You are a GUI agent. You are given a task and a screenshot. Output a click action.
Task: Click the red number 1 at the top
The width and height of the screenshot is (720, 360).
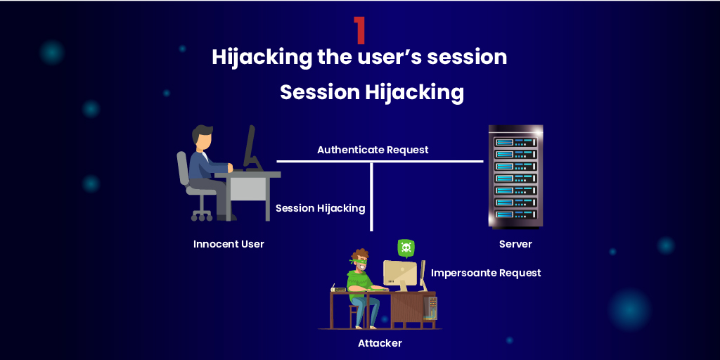coord(359,30)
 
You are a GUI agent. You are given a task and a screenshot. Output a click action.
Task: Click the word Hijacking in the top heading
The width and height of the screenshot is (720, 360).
coord(261,57)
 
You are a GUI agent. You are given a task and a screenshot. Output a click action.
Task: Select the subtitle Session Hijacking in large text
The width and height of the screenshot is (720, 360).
coord(372,93)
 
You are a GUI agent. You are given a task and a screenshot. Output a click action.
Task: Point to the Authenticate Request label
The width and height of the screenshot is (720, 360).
coord(373,150)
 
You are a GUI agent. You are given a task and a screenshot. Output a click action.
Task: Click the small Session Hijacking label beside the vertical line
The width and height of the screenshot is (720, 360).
coord(320,208)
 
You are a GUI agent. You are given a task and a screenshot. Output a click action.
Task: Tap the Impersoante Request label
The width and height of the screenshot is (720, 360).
coord(486,273)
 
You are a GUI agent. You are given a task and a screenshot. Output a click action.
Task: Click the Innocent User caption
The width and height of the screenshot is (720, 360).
coord(229,244)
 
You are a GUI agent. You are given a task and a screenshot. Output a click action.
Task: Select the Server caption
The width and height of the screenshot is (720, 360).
coord(515,244)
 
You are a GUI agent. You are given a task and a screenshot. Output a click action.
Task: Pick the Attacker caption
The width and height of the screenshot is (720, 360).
coord(380,343)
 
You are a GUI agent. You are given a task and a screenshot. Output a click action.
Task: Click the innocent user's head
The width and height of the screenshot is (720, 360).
coord(202,138)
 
